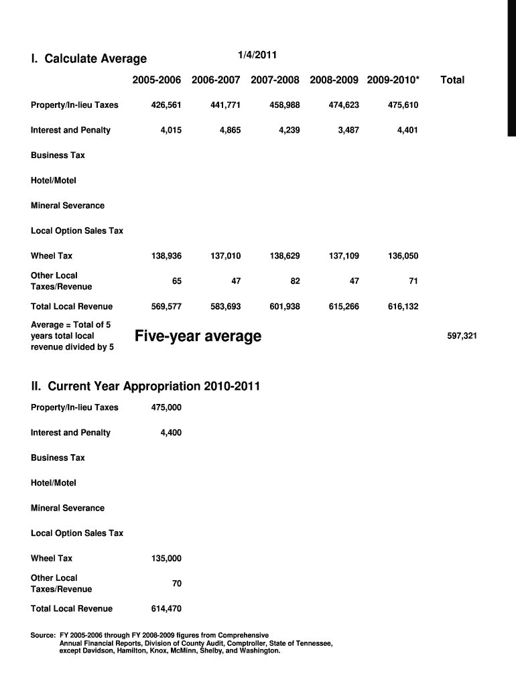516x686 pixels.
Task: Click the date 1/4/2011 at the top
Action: click(x=257, y=54)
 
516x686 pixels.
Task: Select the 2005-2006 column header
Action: click(x=157, y=80)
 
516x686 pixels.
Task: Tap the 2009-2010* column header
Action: click(x=393, y=80)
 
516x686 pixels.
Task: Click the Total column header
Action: click(x=452, y=80)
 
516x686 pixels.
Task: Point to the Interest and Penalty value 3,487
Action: click(x=346, y=130)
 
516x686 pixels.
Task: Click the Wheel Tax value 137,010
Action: click(x=226, y=256)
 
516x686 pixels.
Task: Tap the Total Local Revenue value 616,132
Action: click(x=403, y=307)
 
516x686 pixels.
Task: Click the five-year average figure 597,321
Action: click(x=462, y=336)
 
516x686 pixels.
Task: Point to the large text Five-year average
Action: click(x=198, y=336)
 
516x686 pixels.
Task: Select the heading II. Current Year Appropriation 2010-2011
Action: click(x=145, y=387)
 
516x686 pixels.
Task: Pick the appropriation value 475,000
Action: click(x=166, y=407)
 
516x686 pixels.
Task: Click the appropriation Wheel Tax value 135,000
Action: click(x=166, y=559)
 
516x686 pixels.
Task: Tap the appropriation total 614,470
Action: click(x=166, y=609)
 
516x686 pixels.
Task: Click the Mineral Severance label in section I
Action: click(x=68, y=206)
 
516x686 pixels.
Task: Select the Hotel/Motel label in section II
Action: click(x=54, y=483)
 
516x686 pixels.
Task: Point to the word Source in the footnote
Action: click(x=44, y=635)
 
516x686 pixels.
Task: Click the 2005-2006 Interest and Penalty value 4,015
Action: click(x=171, y=130)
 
